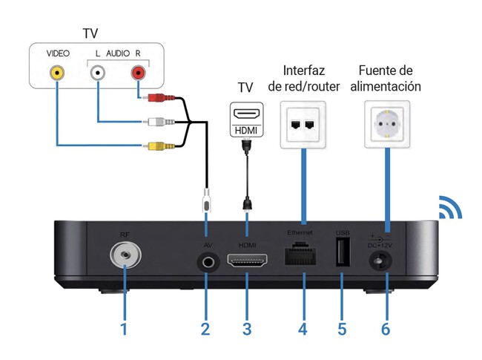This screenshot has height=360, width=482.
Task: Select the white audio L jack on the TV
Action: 98,73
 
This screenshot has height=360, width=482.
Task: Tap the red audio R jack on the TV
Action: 138,73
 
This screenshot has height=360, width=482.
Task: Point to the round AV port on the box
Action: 206,261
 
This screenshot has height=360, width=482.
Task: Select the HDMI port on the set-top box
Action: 246,261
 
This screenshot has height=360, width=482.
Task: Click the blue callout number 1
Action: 125,327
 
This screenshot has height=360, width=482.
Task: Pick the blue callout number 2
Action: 205,327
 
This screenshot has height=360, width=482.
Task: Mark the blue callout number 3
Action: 246,327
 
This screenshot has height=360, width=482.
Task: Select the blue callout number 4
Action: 303,327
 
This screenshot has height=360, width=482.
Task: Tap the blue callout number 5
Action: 342,327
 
